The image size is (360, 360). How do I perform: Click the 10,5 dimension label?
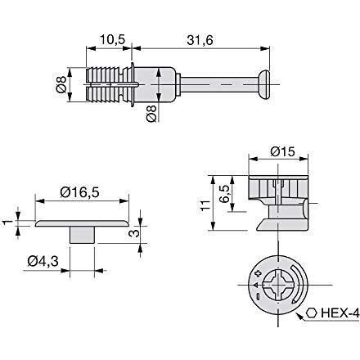tap(113, 39)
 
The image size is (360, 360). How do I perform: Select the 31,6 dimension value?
tap(200, 40)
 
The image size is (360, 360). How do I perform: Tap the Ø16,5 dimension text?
tap(79, 192)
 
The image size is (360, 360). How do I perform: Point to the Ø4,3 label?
tap(43, 262)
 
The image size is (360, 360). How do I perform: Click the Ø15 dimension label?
tap(283, 151)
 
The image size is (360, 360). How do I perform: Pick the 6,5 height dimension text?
tap(225, 194)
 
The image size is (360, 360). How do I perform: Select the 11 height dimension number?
tap(205, 205)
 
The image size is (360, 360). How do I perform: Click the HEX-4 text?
tap(340, 313)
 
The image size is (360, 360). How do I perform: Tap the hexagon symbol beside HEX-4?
tap(311, 313)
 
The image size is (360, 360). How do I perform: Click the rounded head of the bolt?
tap(264, 84)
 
